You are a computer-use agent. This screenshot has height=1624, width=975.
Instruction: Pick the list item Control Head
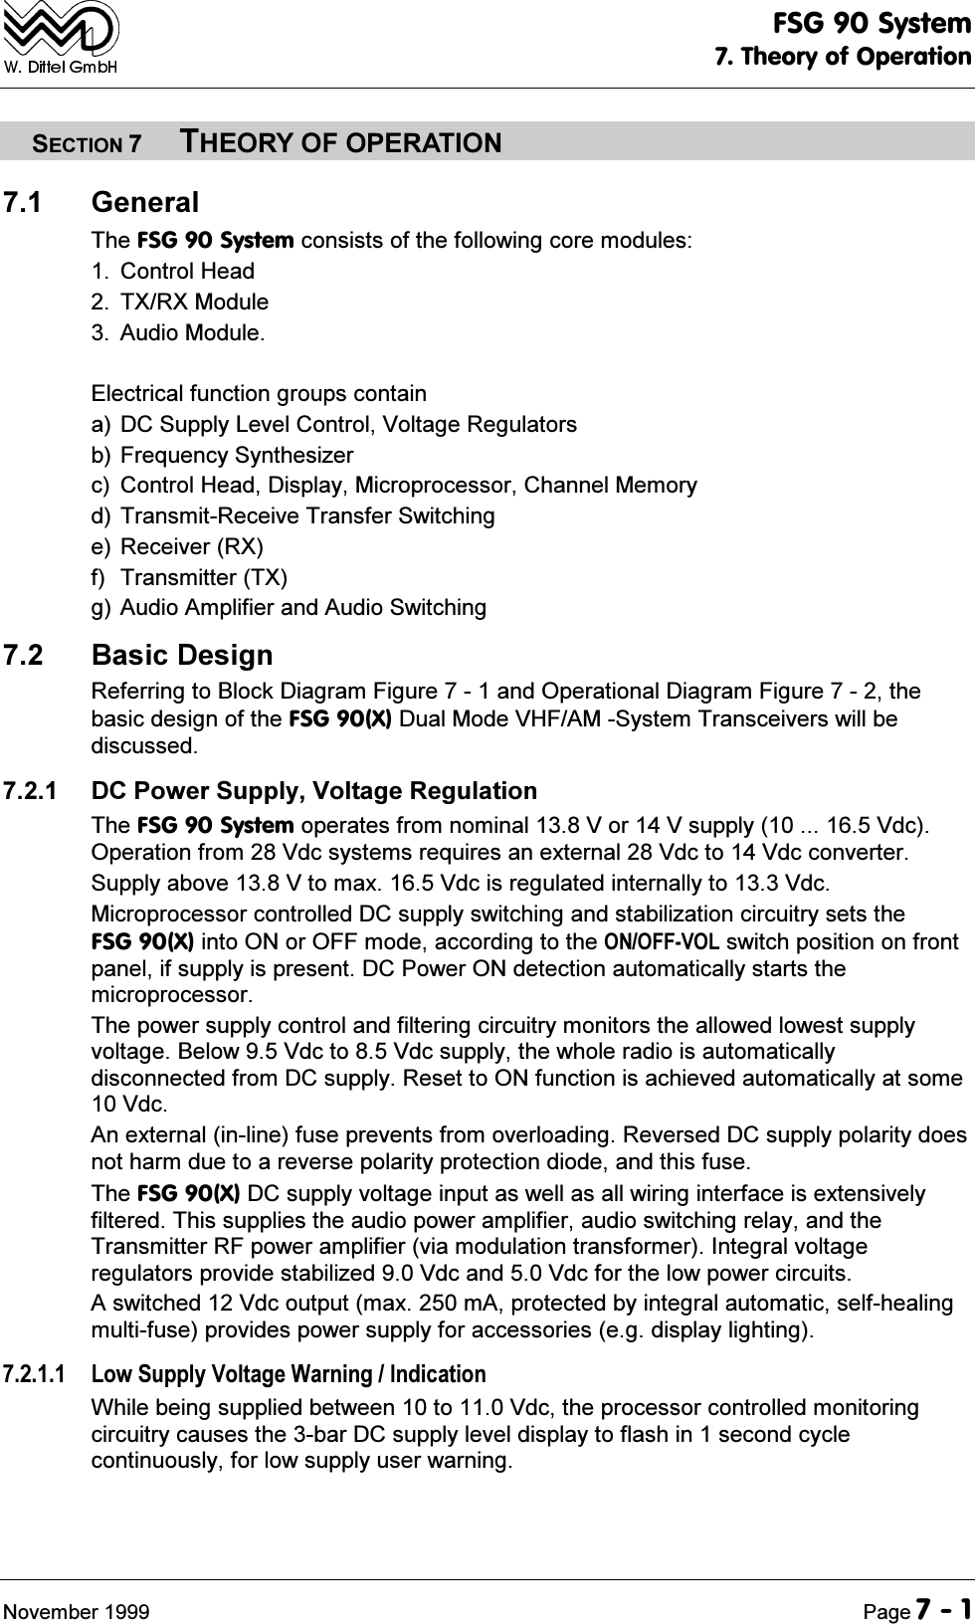187,271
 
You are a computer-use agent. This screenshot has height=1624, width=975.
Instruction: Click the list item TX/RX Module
194,302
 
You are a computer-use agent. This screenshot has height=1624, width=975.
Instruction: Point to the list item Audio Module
192,332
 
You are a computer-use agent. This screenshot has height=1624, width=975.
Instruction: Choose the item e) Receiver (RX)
177,546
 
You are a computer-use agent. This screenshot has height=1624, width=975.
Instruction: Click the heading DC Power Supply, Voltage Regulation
313,791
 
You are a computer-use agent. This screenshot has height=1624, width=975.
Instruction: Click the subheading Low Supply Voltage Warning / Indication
289,1374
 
